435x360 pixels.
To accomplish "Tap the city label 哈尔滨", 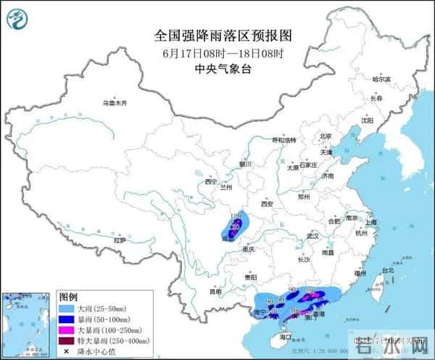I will click(x=381, y=78).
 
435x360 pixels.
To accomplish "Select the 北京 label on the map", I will click(x=326, y=136).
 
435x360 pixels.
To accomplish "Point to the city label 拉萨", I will click(x=120, y=240).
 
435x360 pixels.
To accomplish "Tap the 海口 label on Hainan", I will click(x=285, y=337).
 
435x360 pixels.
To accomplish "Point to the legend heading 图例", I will click(x=69, y=298).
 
